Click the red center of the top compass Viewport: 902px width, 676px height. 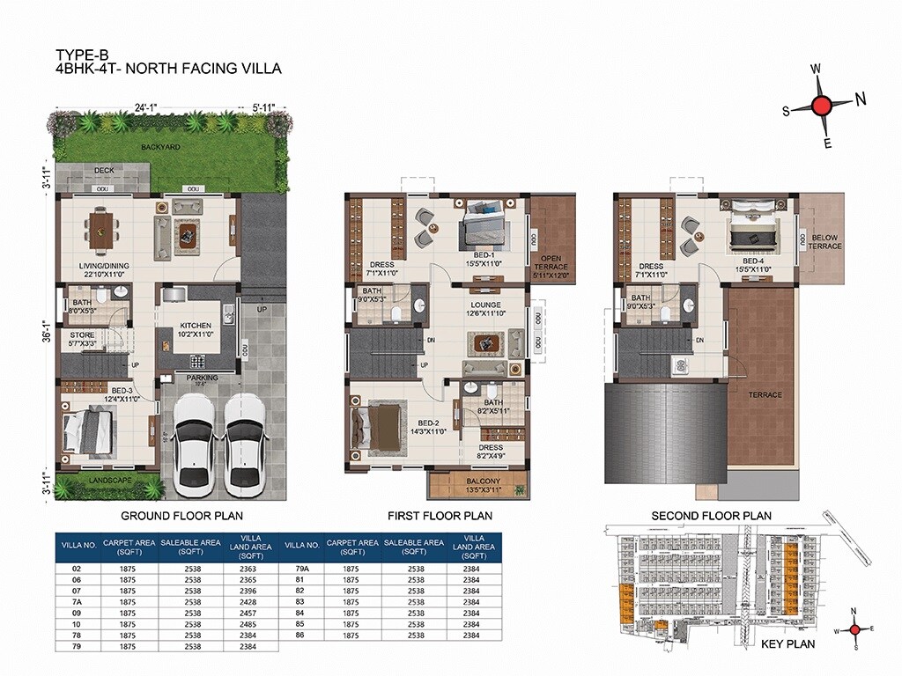[x=821, y=106]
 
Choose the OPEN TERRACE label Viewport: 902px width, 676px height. [x=551, y=261]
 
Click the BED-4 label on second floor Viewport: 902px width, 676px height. [x=751, y=261]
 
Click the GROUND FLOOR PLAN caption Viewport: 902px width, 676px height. [x=181, y=516]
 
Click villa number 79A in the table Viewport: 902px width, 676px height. [x=299, y=569]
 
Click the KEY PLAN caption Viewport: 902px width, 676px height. [x=788, y=644]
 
